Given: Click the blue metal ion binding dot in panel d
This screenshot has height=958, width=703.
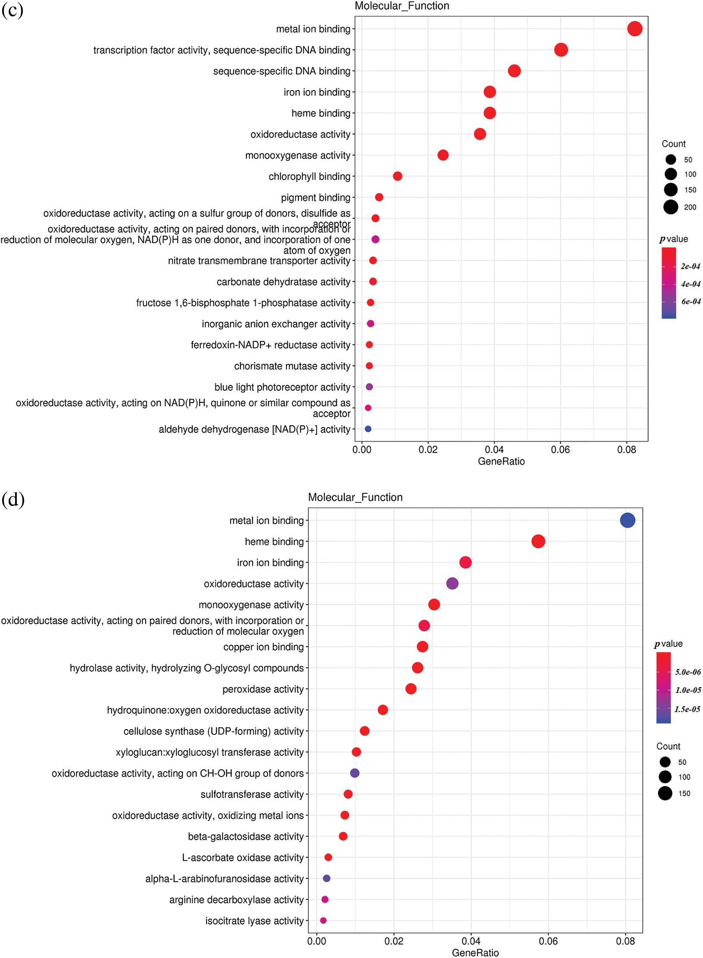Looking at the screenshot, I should (x=627, y=520).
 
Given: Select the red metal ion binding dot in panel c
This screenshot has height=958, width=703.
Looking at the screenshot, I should (x=634, y=29).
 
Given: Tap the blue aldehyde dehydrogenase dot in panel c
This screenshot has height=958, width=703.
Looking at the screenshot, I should (x=368, y=429).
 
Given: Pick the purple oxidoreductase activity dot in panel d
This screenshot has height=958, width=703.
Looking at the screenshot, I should (x=452, y=583).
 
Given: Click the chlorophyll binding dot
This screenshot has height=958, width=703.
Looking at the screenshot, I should (x=398, y=176).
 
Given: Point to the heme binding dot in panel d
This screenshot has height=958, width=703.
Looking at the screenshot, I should (x=538, y=541).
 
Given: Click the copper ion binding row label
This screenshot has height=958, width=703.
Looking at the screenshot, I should (x=264, y=647).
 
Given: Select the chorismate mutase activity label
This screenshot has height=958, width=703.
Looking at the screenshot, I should (x=292, y=366).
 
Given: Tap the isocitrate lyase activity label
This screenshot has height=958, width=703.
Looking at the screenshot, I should (x=254, y=920).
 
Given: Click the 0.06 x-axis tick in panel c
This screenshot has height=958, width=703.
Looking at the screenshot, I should (x=560, y=449).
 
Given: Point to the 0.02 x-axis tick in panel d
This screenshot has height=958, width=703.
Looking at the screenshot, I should (x=394, y=941).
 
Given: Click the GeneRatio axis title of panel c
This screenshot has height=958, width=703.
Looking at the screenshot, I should (x=501, y=461).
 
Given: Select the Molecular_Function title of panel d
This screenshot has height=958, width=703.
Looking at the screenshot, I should (x=355, y=497).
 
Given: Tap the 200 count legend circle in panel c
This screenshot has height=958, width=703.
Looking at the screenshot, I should (x=671, y=207).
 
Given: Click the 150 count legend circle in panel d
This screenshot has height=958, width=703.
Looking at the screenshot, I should (x=665, y=793).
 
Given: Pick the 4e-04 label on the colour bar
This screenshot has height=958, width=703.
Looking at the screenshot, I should (x=690, y=284).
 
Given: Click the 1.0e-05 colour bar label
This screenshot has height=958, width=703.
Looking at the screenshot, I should (x=688, y=690).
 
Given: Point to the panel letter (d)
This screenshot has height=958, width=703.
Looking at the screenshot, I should (x=13, y=499).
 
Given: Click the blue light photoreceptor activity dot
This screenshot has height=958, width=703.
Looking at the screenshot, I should (x=369, y=386).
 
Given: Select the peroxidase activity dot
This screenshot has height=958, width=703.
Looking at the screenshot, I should (x=411, y=688).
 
